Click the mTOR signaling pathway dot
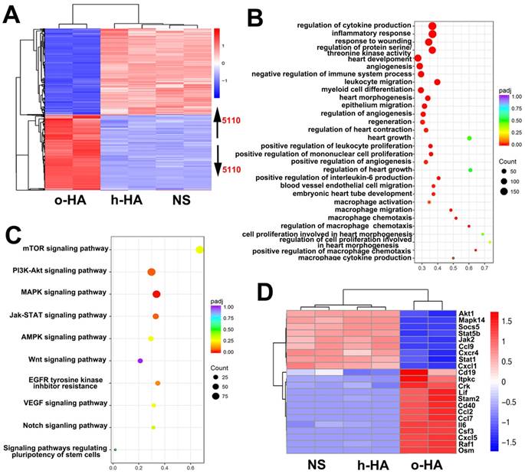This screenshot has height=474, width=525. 199,249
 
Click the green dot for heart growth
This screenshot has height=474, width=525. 468,138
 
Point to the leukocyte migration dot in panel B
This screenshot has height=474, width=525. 437,82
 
